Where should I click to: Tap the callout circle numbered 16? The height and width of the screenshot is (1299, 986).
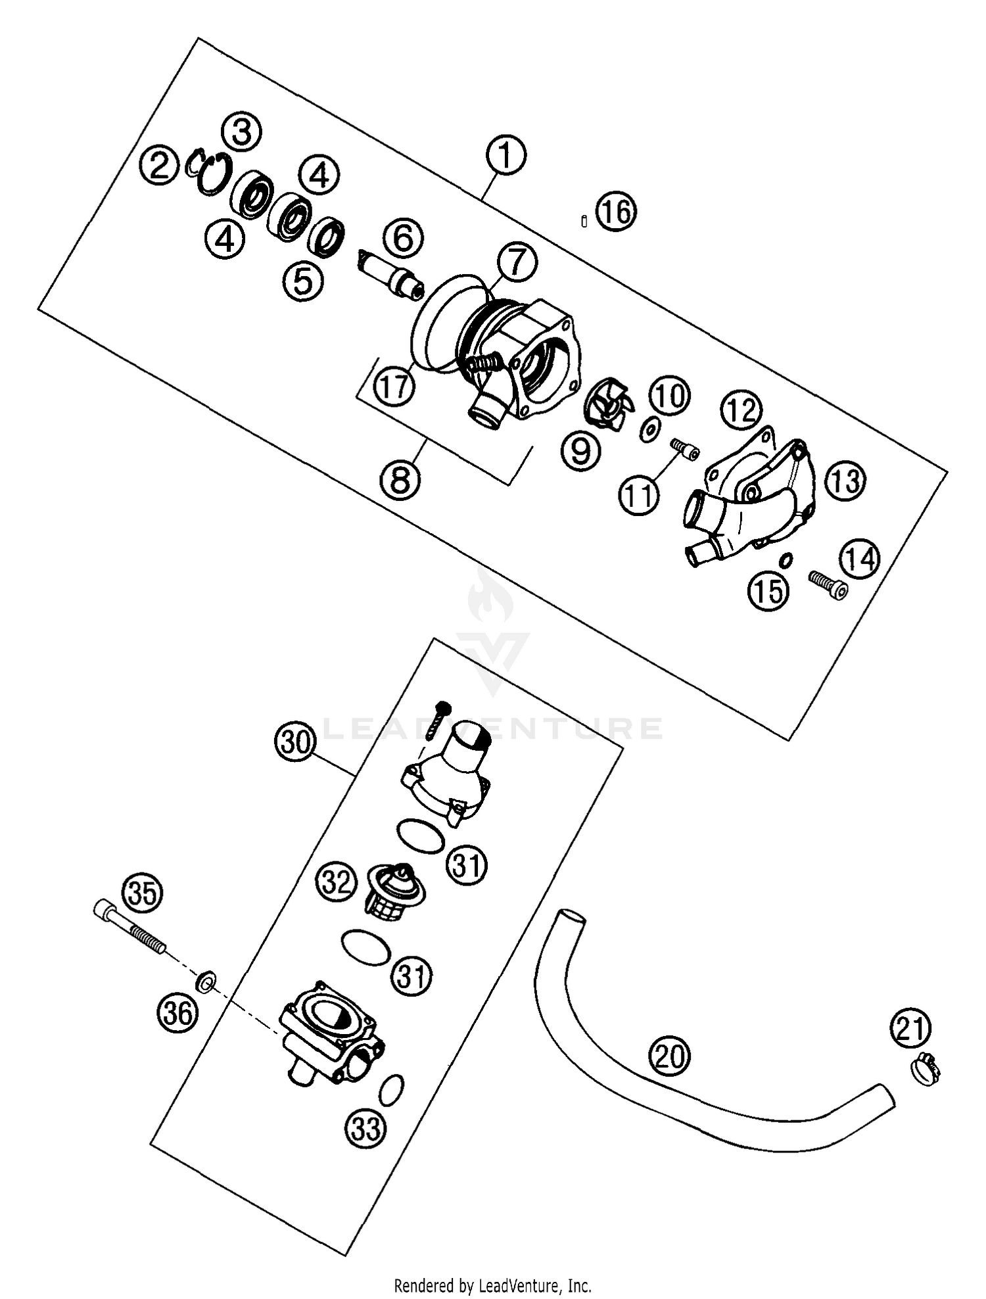pos(617,212)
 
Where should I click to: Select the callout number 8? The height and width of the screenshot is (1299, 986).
pos(400,479)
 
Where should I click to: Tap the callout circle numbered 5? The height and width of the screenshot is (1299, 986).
pos(303,282)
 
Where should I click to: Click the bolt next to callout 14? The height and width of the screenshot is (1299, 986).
pos(828,582)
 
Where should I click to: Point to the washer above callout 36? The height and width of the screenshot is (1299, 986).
pos(206,983)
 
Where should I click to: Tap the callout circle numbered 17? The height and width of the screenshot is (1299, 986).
pos(394,387)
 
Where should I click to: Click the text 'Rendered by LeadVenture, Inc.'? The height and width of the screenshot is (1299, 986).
pos(492,1285)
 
